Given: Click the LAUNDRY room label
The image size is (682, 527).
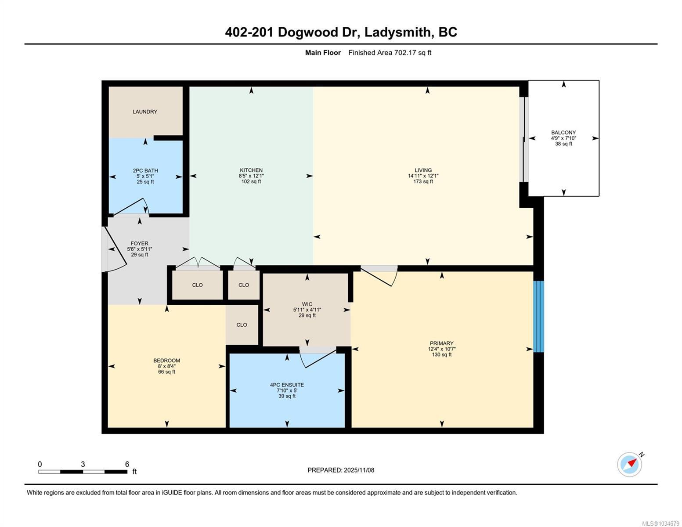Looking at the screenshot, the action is click(144, 112).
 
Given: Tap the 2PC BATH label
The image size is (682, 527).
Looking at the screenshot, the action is click(145, 170).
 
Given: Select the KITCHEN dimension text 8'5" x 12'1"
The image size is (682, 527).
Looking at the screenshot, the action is click(251, 176).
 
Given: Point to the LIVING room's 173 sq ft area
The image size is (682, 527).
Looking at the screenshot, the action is click(423, 181).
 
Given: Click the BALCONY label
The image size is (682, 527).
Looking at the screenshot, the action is click(563, 133).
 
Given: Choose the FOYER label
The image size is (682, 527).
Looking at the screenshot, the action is click(139, 243).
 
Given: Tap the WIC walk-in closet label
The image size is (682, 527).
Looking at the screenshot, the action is click(307, 304).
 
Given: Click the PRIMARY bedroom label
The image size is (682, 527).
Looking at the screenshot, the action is click(442, 343).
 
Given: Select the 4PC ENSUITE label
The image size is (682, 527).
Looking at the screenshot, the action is click(287, 385).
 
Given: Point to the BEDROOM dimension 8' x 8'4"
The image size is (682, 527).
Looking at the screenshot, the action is click(166, 366).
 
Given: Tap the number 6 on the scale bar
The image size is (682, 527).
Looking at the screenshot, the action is click(127, 464).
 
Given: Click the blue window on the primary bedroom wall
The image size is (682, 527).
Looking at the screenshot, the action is click(538, 316).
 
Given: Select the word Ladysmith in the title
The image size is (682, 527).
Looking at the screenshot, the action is click(397, 32).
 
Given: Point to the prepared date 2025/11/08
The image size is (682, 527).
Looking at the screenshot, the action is click(359, 470).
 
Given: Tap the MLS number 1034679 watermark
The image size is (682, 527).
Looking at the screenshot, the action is click(670, 523).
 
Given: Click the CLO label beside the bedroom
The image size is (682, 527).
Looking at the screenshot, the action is click(242, 325).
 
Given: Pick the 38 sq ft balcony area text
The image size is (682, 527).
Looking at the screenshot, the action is click(563, 144).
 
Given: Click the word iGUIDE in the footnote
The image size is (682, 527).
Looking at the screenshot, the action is click(172, 492).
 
